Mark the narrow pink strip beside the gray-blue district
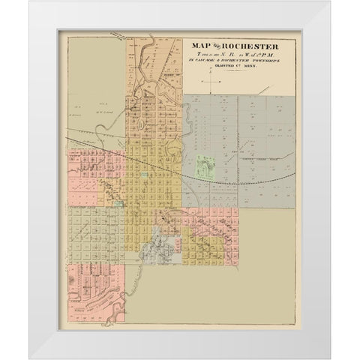(x=178, y=245)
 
